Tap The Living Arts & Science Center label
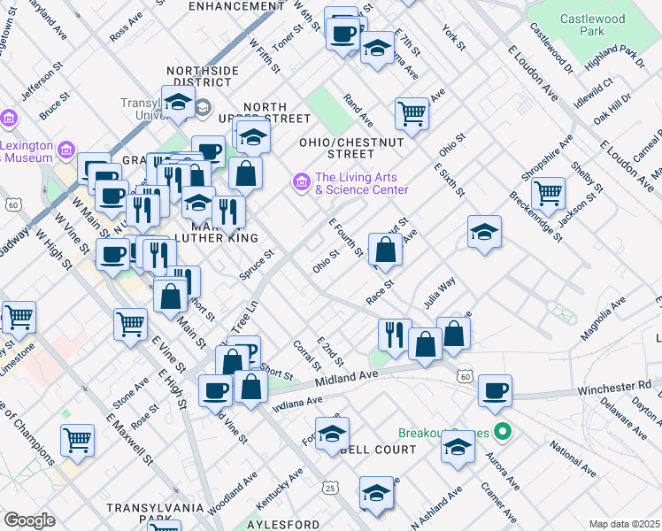coord(361,183)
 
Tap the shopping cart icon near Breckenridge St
coord(548,191)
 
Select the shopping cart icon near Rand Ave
coord(412,112)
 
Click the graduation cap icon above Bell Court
coord(332,434)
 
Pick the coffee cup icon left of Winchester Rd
coord(495,389)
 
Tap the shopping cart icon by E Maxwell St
coord(78,439)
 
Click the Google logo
coord(29,520)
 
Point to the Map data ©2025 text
coord(623,524)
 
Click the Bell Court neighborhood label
coord(377,450)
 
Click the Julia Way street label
coord(438,293)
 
